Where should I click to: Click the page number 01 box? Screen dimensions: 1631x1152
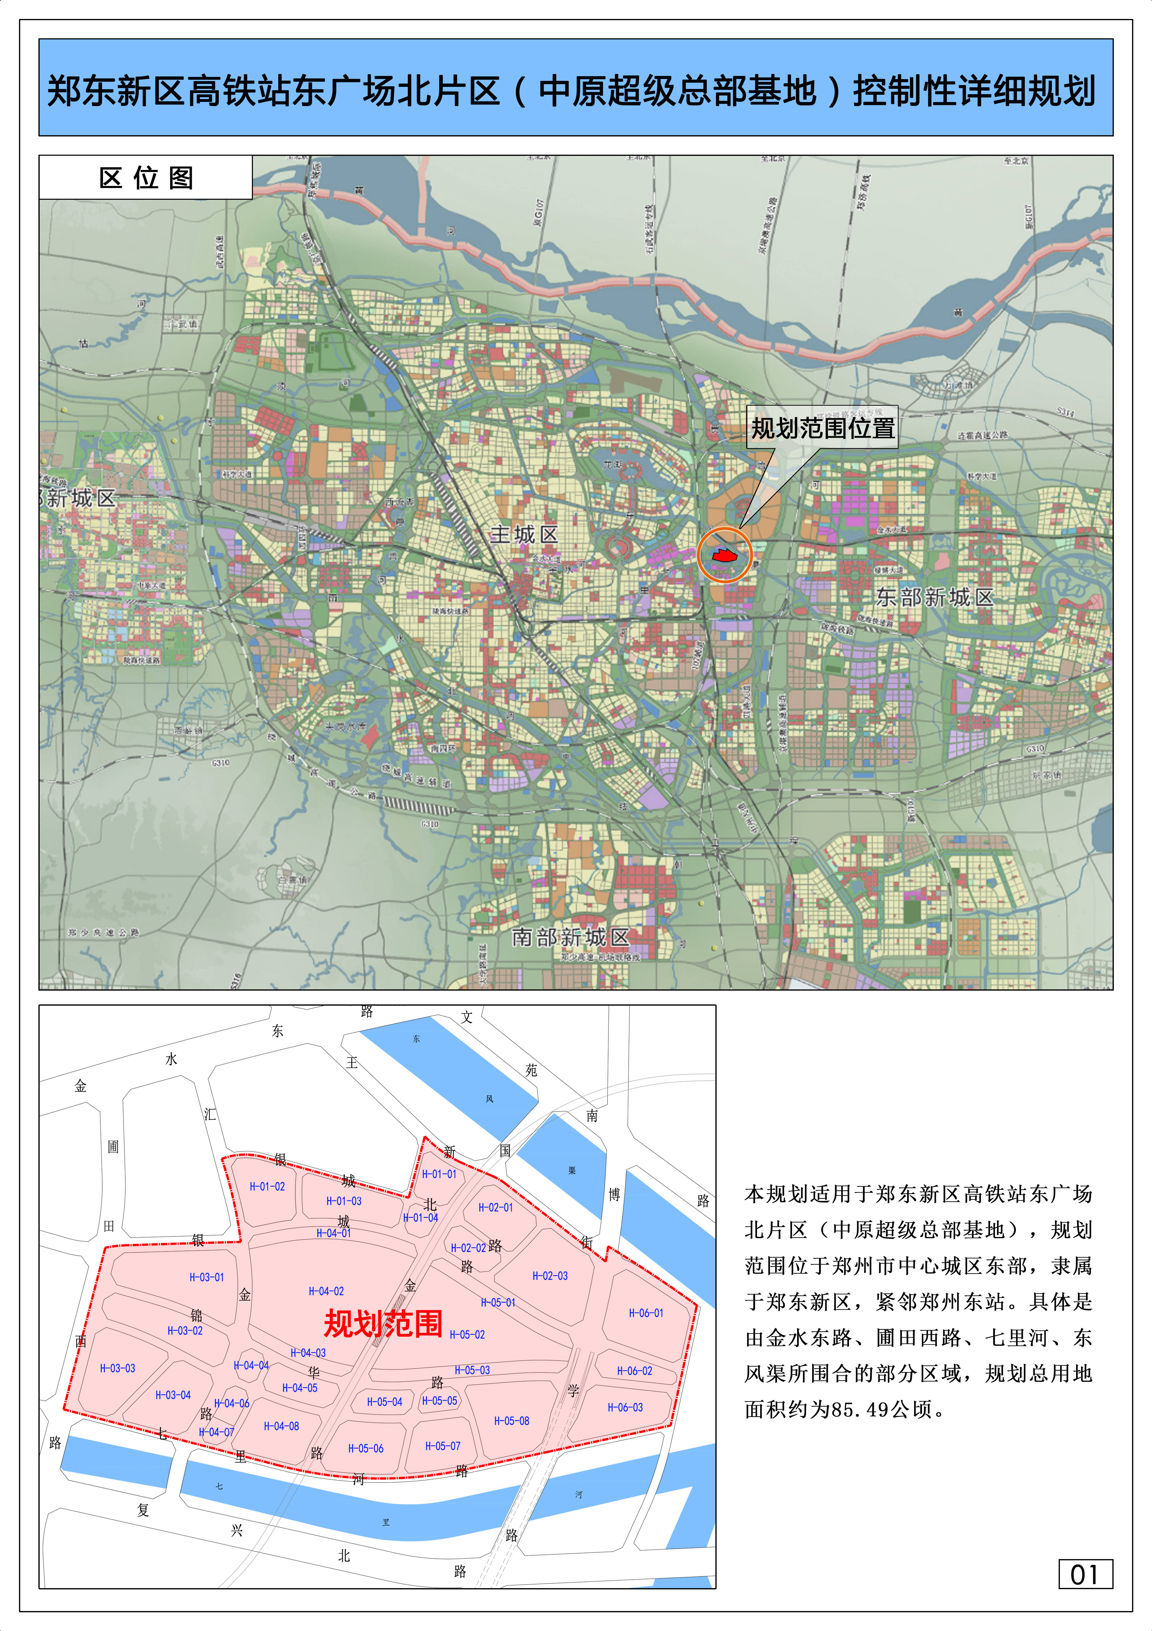coord(1085,1574)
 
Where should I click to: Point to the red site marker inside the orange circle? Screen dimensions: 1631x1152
coord(724,555)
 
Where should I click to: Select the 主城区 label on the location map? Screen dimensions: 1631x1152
coord(524,534)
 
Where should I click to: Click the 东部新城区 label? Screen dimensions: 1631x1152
coord(934,597)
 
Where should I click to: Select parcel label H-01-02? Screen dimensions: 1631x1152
coord(267,1186)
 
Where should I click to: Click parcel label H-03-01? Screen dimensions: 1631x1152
coord(207,1277)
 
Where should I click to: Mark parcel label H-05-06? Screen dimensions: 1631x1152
coord(366,1448)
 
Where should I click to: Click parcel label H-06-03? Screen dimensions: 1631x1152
coord(625,1407)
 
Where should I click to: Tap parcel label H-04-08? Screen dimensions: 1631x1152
coord(281,1426)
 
